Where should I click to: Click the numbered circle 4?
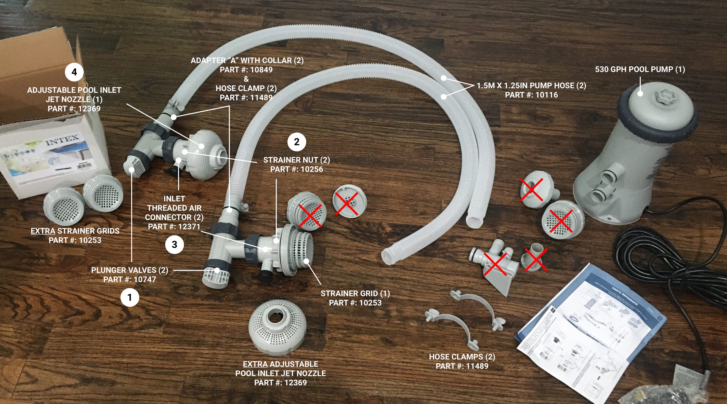[74, 72]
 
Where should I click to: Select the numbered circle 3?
[174, 245]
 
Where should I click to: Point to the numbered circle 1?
[130, 297]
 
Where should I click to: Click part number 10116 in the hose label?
[546, 95]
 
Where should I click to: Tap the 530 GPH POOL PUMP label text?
[640, 69]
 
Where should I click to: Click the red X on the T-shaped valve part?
[495, 264]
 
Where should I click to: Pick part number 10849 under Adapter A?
[260, 70]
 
